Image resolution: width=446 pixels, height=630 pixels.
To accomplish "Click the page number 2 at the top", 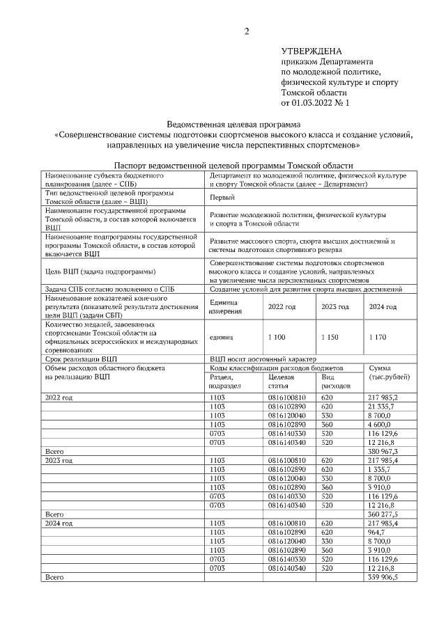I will (245, 31).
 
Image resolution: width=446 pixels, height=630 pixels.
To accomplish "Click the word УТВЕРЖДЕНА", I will (312, 52).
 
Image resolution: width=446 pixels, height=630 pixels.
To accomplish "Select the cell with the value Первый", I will (222, 198).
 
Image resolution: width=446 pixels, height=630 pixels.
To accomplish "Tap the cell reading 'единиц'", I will (221, 336).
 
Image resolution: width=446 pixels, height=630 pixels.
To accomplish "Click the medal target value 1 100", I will (277, 336).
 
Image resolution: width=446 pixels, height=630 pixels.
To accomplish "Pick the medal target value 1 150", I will (330, 336).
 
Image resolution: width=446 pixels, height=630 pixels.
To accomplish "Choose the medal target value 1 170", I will (380, 336).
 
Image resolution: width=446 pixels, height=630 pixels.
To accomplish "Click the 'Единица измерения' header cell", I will (224, 307).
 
